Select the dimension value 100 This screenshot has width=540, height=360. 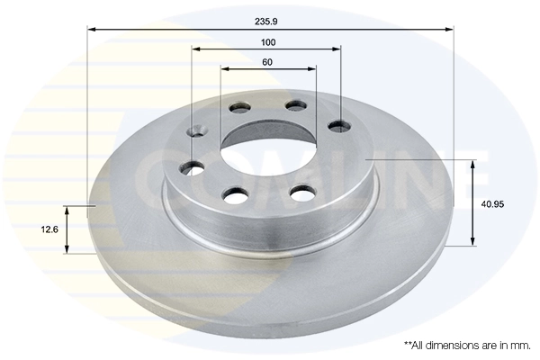[x=267, y=42]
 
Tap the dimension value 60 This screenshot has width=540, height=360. [x=267, y=62]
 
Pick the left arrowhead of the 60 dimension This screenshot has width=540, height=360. [x=224, y=68]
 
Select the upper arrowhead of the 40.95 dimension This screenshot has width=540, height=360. [x=472, y=163]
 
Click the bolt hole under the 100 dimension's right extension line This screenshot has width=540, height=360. [x=339, y=125]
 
